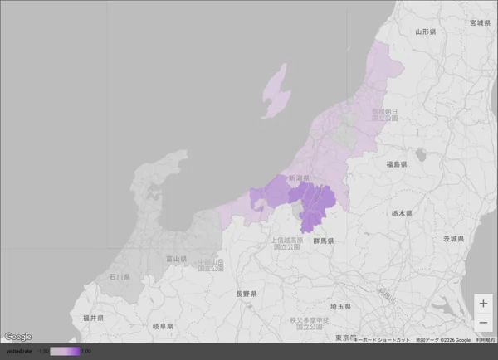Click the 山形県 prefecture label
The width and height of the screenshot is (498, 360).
pyautogui.click(x=426, y=32)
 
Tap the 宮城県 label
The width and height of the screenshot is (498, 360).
pyautogui.click(x=480, y=22)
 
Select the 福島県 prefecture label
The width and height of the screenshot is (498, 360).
pyautogui.click(x=396, y=164)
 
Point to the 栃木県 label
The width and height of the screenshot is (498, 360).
pyautogui.click(x=402, y=213)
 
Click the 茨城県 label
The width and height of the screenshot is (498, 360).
pyautogui.click(x=452, y=239)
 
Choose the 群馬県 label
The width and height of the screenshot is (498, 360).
pyautogui.click(x=322, y=241)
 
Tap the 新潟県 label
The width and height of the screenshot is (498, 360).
pyautogui.click(x=299, y=178)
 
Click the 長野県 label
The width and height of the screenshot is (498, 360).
pyautogui.click(x=246, y=294)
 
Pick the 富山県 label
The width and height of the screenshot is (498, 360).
pyautogui.click(x=174, y=259)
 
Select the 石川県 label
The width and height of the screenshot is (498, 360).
pyautogui.click(x=120, y=276)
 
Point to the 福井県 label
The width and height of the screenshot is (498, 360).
pyautogui.click(x=93, y=318)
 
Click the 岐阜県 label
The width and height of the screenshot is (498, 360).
pyautogui.click(x=164, y=326)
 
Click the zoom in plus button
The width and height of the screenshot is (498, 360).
pyautogui.click(x=483, y=304)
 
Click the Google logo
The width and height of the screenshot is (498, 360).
pyautogui.click(x=17, y=337)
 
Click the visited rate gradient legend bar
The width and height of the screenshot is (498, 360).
pyautogui.click(x=65, y=352)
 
